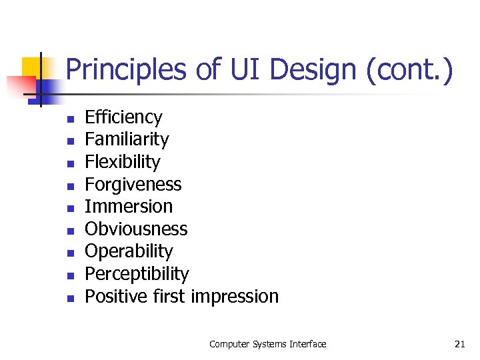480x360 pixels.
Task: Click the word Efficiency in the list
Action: pyautogui.click(x=123, y=117)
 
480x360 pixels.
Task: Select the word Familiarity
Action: pyautogui.click(x=127, y=139)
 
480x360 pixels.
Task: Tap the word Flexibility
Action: pyautogui.click(x=123, y=162)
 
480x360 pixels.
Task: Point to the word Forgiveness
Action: pyautogui.click(x=133, y=184)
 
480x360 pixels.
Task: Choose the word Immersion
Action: pyautogui.click(x=129, y=207)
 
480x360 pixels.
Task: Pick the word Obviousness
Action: pyautogui.click(x=136, y=229)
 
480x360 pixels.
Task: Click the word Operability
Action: pyautogui.click(x=129, y=251)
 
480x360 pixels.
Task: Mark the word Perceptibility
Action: pyautogui.click(x=137, y=274)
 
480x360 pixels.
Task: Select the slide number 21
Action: pyautogui.click(x=459, y=344)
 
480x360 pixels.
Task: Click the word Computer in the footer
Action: pyautogui.click(x=229, y=344)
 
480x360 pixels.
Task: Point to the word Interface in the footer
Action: pyautogui.click(x=308, y=344)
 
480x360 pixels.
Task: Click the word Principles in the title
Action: pyautogui.click(x=126, y=70)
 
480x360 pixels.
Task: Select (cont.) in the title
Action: pyautogui.click(x=410, y=70)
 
